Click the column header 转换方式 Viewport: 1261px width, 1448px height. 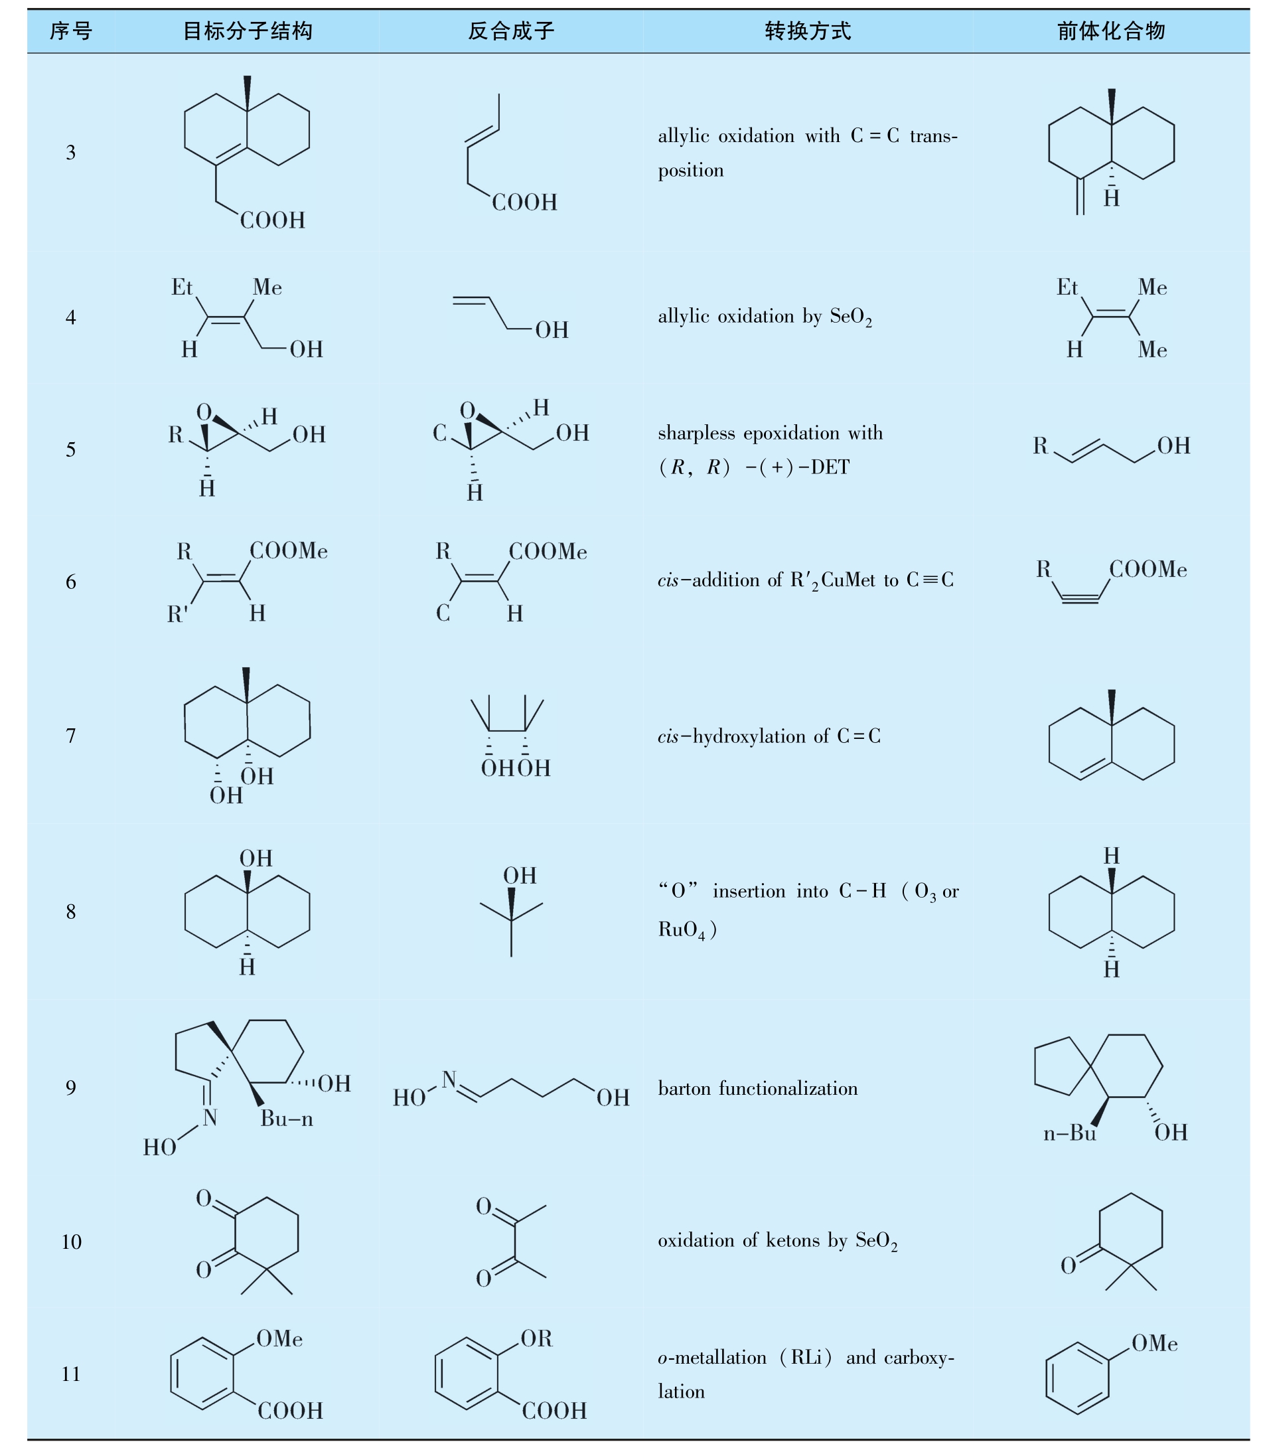pyautogui.click(x=808, y=31)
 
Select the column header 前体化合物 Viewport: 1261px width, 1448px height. pyautogui.click(x=1111, y=31)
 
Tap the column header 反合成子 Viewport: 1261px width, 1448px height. pyautogui.click(x=512, y=31)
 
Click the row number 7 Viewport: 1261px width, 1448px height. pyautogui.click(x=71, y=736)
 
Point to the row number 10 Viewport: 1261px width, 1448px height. pyautogui.click(x=71, y=1242)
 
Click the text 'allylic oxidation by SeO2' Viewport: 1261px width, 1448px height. pyautogui.click(x=765, y=317)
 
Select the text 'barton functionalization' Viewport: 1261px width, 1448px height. pyautogui.click(x=758, y=1089)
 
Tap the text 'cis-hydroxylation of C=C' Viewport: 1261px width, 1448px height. pyautogui.click(x=769, y=736)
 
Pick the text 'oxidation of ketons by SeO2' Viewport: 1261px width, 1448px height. pyautogui.click(x=778, y=1240)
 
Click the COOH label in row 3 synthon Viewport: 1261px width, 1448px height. pyautogui.click(x=524, y=202)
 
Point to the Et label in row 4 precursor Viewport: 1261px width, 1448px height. pyautogui.click(x=1067, y=287)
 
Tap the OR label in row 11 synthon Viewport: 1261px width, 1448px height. pyautogui.click(x=537, y=1338)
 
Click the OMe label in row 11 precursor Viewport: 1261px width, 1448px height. pyautogui.click(x=1155, y=1343)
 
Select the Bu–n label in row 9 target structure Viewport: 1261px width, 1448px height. pyautogui.click(x=287, y=1119)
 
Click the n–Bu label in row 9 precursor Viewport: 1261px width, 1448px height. pyautogui.click(x=1070, y=1133)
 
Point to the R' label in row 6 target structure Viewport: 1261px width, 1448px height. pyautogui.click(x=177, y=615)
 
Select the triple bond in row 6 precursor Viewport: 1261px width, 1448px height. pyautogui.click(x=1080, y=599)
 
